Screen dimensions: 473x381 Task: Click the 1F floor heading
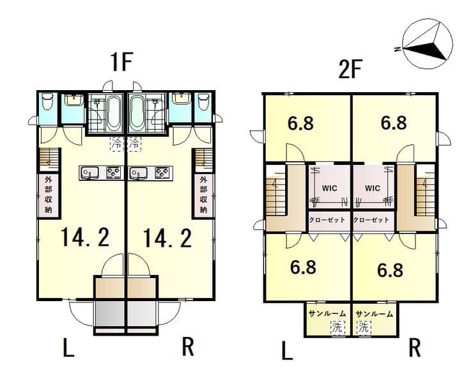tap(122, 62)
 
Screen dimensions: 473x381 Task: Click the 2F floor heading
tap(350, 69)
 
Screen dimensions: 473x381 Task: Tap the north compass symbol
tap(428, 43)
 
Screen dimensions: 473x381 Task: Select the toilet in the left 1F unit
tap(48, 102)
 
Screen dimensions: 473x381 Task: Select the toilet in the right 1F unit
tap(203, 102)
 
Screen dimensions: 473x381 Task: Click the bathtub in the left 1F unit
tap(114, 113)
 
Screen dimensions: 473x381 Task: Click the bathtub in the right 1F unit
tap(137, 113)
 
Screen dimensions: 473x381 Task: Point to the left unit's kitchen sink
tap(89, 173)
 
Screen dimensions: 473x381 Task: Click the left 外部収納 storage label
tap(49, 194)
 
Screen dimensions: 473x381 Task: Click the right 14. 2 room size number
tap(167, 238)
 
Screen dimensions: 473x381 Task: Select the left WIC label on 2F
tap(329, 188)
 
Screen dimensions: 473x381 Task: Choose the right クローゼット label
tap(371, 220)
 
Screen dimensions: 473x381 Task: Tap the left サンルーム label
tap(327, 314)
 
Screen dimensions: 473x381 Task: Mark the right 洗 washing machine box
tap(364, 327)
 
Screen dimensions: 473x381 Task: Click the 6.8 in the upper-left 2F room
tap(300, 123)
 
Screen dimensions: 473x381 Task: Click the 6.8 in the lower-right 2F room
tap(390, 270)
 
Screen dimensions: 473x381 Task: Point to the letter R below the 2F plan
tap(415, 348)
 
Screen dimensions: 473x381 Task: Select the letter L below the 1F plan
tap(68, 348)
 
